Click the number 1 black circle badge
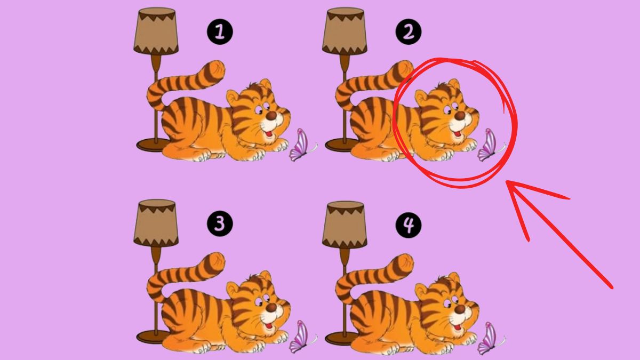pos(220,33)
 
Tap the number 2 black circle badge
pos(408,33)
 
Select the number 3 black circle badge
pos(220,225)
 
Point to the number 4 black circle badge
pos(408,225)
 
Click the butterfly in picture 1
pos(300,146)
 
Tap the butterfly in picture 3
pos(300,337)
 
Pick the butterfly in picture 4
pos(489,337)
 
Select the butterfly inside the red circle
pos(489,146)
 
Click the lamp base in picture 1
pos(153,145)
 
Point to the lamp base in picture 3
pos(151,337)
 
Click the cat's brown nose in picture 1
pos(271,116)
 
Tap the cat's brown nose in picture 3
pos(271,308)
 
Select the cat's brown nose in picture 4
pos(460,308)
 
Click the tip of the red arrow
pos(507,182)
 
